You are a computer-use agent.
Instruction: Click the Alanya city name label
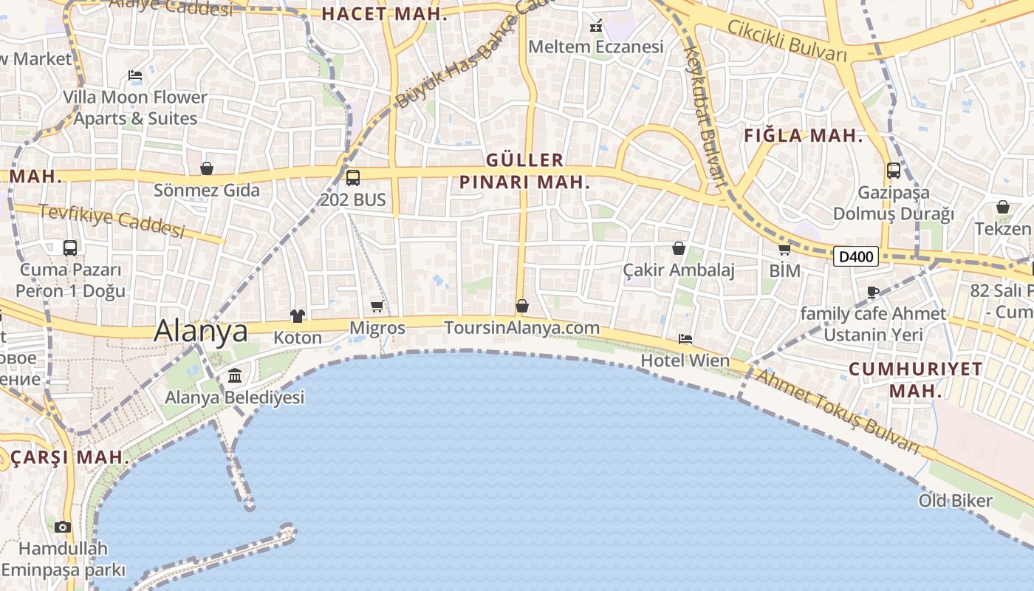[x=201, y=330]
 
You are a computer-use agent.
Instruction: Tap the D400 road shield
[x=856, y=256]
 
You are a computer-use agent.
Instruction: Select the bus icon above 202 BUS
[x=353, y=178]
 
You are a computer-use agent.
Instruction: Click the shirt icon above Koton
[x=298, y=316]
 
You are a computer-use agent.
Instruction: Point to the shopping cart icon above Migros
[x=377, y=306]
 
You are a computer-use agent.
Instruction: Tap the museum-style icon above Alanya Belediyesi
[x=235, y=376]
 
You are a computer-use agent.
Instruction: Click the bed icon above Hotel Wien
[x=685, y=339]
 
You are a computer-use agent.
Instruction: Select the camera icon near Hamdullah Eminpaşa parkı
[x=63, y=527]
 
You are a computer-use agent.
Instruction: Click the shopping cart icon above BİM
[x=784, y=250]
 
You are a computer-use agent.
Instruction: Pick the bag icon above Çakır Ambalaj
[x=679, y=248]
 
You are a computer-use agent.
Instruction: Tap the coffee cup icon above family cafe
[x=873, y=292]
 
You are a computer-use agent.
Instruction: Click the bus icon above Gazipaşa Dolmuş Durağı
[x=894, y=171]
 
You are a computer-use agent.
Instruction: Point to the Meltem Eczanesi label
[x=596, y=47]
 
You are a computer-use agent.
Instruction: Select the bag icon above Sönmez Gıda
[x=207, y=169]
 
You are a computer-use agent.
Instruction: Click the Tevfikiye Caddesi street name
[x=112, y=220]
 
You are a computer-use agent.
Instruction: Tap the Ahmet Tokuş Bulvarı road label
[x=838, y=411]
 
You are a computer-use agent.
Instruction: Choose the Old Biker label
[x=956, y=501]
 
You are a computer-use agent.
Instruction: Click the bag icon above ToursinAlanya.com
[x=522, y=306]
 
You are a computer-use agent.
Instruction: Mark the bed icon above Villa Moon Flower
[x=135, y=75]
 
